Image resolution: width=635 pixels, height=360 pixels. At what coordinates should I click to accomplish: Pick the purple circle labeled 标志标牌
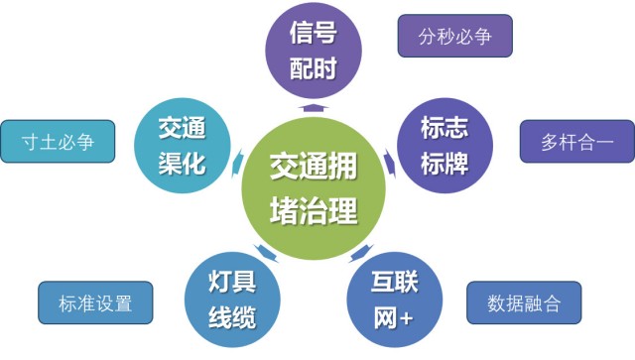(444, 143)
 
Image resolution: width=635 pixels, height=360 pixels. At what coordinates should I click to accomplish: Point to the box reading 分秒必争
(454, 38)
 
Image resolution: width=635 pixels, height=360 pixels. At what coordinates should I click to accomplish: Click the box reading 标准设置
(97, 302)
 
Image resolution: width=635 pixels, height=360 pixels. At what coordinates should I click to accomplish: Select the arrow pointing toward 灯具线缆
(260, 249)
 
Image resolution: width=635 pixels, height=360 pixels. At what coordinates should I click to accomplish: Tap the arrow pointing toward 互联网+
(363, 250)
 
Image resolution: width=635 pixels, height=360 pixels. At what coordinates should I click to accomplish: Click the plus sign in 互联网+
(406, 316)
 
